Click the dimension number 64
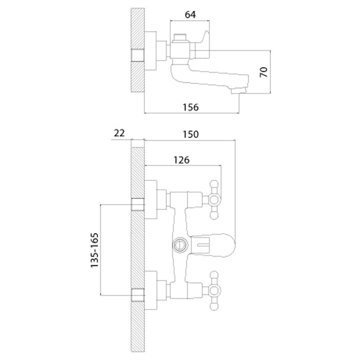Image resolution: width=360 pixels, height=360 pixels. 190,14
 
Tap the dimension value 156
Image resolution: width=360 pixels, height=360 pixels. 190,107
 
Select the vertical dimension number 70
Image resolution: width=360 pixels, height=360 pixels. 264,72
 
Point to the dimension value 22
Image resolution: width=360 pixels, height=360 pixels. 119,133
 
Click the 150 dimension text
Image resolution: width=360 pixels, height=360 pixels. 190,134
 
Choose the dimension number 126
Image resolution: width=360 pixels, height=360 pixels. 181,160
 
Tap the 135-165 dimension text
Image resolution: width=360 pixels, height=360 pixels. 94,250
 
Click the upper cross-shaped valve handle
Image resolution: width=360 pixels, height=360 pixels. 214,200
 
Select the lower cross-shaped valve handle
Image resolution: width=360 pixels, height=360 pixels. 214,291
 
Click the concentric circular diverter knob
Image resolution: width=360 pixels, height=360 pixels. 180,245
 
